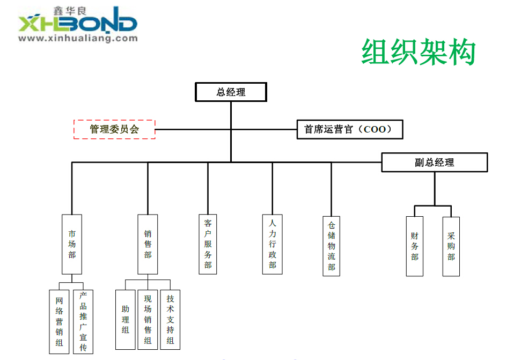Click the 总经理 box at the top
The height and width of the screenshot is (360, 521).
[231, 92]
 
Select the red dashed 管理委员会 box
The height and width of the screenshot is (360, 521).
[114, 129]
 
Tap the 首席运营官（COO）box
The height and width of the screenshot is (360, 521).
[349, 129]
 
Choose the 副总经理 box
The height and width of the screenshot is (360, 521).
[434, 163]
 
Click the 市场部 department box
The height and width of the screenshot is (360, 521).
[72, 244]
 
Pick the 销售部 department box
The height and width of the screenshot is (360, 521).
[148, 244]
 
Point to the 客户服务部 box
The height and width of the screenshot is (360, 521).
[208, 244]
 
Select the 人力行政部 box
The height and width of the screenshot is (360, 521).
[273, 244]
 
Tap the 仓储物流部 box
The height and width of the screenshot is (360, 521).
[332, 246]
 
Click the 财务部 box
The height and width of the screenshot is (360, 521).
[414, 246]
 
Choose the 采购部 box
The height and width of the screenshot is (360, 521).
[451, 246]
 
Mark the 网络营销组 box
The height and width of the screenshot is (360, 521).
[60, 321]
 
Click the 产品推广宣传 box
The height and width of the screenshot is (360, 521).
[83, 321]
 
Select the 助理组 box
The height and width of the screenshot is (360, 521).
[125, 320]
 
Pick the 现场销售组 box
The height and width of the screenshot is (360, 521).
[148, 320]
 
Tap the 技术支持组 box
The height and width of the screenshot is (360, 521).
[170, 320]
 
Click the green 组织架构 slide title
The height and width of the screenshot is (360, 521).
[419, 52]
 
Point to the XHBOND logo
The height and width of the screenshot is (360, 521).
[78, 24]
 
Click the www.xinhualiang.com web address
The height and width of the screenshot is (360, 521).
[78, 39]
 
